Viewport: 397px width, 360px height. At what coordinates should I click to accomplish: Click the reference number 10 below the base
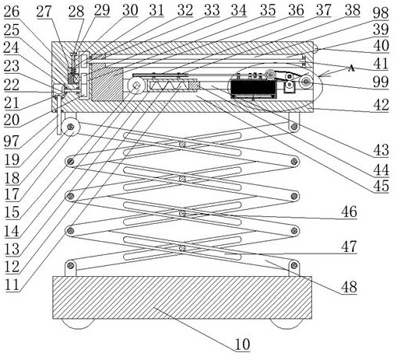242,344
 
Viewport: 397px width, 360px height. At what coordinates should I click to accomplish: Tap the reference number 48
349,287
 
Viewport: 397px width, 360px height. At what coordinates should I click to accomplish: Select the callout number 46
349,211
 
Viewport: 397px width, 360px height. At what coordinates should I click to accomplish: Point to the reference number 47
349,246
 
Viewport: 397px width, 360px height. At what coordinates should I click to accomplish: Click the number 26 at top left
12,11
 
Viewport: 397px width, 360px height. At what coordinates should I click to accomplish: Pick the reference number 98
381,12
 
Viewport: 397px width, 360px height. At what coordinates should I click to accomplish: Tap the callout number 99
381,82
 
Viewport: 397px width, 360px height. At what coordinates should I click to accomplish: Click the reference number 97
12,141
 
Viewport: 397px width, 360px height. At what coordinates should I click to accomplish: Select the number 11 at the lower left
12,285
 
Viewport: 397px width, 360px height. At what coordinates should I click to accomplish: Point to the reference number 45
381,186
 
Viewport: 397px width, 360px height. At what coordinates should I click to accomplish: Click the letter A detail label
351,68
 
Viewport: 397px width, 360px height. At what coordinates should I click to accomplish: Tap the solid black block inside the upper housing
254,88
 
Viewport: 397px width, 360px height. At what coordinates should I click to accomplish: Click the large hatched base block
182,297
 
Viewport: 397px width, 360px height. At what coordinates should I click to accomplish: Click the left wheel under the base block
78,323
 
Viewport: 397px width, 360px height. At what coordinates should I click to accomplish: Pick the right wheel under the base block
287,323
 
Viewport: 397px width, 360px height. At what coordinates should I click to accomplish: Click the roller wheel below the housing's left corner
70,127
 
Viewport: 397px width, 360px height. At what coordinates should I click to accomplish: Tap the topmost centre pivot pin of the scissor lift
183,145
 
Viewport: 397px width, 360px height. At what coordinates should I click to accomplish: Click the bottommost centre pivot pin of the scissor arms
183,248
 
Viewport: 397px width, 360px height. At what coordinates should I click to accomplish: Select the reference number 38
353,10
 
